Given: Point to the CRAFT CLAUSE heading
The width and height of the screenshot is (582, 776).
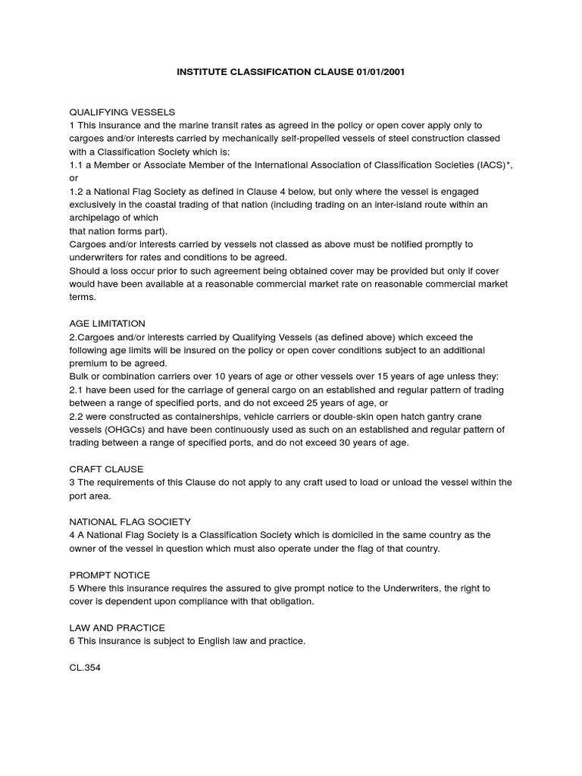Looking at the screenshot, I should point(106,469).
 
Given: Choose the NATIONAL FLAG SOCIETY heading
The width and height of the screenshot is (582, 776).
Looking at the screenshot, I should point(130,522).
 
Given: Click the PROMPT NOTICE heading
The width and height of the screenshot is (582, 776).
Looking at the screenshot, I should point(109,575).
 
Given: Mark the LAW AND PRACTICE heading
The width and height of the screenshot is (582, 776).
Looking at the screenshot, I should point(117,627).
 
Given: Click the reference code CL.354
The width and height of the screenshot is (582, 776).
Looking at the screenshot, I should point(84,668).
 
